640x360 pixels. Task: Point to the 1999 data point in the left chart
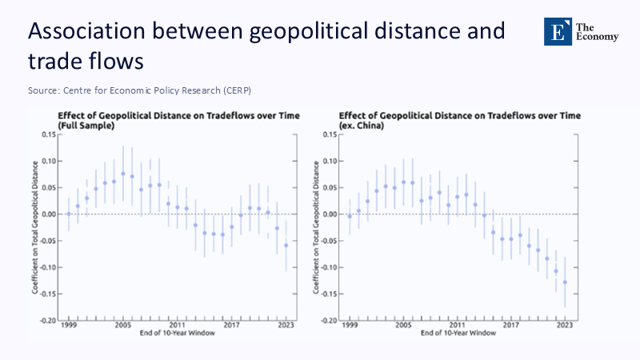pos(69,214)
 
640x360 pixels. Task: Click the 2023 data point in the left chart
pos(286,245)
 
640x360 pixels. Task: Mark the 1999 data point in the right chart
pos(350,215)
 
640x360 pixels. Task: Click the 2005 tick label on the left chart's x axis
pos(123,326)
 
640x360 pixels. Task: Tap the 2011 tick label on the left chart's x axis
pos(178,326)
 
